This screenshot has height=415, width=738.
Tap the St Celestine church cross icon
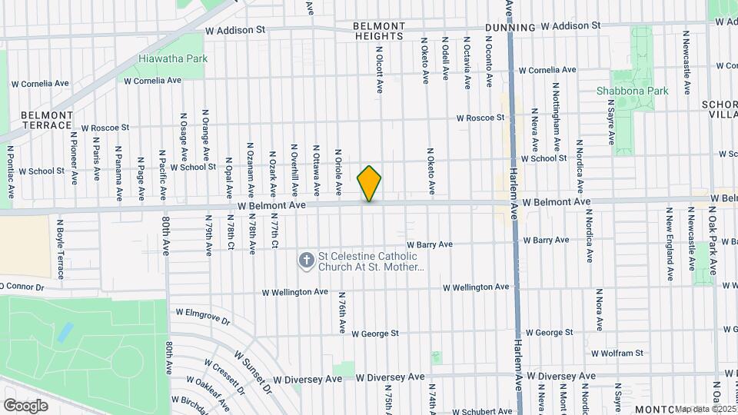coord(306,261)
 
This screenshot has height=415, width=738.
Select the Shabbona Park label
coord(632,91)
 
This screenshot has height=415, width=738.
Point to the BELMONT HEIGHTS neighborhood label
coord(378,31)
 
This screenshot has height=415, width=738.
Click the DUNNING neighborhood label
coord(510,28)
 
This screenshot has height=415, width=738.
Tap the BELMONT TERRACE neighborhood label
coord(46,120)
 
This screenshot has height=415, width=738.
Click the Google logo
coord(25,405)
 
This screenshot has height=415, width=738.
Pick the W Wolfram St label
coord(617,354)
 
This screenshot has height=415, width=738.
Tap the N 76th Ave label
coord(341,312)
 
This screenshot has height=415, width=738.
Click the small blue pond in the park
coord(65,332)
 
